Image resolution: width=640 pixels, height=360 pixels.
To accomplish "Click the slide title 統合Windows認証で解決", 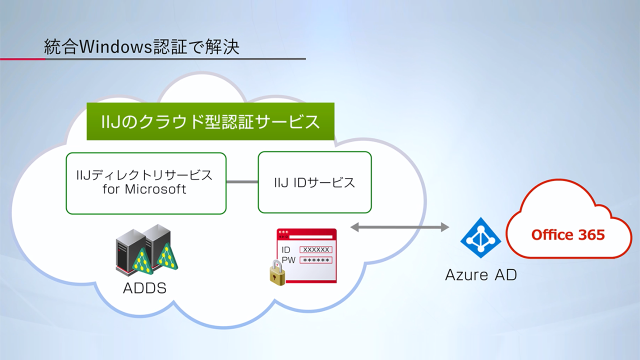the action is click(x=141, y=46).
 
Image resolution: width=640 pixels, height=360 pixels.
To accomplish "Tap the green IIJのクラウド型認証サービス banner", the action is click(x=210, y=121).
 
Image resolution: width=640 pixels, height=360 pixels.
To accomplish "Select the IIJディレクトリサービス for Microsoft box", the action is click(x=146, y=183).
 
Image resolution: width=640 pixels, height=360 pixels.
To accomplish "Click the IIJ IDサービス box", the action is click(x=314, y=182).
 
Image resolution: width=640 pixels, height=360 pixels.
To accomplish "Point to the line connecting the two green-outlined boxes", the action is click(x=242, y=181).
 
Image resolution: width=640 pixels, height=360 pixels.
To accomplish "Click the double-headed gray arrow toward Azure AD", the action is click(x=399, y=227).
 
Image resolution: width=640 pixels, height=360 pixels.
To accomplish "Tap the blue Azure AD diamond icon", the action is click(x=480, y=237).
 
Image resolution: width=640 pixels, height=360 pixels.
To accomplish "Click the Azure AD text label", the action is click(x=481, y=275).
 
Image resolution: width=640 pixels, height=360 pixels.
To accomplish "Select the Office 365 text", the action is click(x=568, y=234).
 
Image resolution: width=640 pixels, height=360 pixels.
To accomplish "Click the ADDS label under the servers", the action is click(x=144, y=288).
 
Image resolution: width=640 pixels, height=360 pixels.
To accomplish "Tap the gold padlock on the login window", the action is click(x=277, y=273).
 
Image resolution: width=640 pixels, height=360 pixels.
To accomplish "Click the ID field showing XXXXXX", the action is click(x=315, y=249).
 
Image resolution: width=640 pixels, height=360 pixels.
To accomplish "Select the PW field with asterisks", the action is click(x=315, y=260).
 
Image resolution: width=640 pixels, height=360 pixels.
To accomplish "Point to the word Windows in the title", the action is click(x=115, y=46).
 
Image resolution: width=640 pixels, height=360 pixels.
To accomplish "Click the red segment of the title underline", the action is click(x=22, y=59).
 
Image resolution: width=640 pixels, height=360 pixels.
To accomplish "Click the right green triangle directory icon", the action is click(x=167, y=256).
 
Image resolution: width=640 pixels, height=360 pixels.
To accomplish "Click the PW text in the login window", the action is click(x=288, y=260).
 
